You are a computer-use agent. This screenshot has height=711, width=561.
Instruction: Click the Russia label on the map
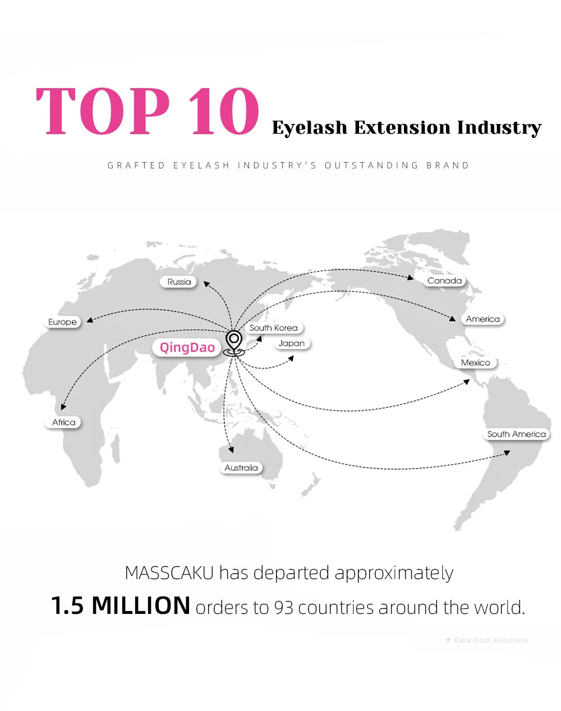179,282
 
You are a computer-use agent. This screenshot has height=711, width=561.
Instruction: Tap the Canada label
444,281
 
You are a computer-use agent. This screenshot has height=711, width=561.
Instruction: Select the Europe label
62,322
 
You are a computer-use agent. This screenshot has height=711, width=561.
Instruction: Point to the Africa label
63,422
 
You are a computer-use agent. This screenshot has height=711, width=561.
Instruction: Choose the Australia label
241,467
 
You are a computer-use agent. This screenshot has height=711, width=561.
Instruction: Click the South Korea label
274,328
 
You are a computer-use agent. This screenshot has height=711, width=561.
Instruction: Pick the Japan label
291,343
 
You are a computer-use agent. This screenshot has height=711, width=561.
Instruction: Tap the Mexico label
475,363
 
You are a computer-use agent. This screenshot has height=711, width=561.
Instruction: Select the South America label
516,434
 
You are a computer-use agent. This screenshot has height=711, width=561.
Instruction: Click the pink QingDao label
187,347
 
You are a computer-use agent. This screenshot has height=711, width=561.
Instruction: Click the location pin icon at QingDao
234,343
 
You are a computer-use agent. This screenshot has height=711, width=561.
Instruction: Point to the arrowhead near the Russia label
206,284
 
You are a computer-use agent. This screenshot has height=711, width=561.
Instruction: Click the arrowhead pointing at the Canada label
410,277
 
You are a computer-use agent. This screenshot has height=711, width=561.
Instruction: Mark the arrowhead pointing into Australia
231,449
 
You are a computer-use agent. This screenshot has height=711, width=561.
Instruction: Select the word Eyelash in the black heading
309,128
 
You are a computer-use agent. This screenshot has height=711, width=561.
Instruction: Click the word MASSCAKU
169,572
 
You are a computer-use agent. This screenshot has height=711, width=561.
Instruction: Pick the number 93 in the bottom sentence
283,607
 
